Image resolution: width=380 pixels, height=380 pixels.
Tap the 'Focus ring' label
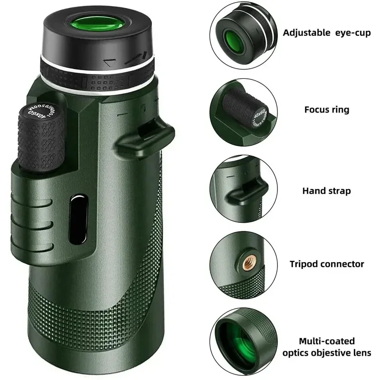pyautogui.click(x=326, y=110)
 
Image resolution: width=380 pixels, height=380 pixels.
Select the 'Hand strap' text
pyautogui.click(x=326, y=191)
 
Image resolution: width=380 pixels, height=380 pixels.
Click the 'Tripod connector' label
pyautogui.click(x=326, y=264)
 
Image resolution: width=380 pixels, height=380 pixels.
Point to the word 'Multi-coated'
pyautogui.click(x=326, y=341)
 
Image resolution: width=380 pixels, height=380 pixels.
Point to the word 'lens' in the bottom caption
pyautogui.click(x=362, y=353)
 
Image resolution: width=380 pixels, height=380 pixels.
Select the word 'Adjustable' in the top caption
pyautogui.click(x=306, y=33)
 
